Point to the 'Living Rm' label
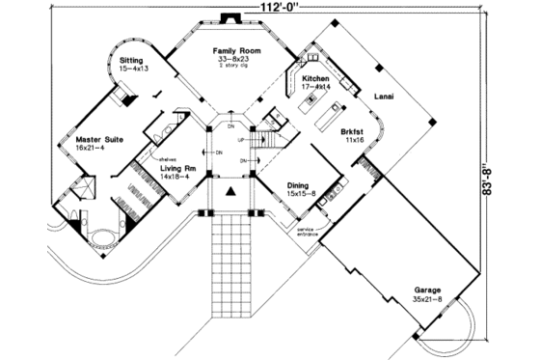tap(177, 168)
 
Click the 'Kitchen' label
tap(316, 78)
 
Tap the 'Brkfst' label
tap(351, 130)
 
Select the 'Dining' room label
tap(297, 184)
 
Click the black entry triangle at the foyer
tap(230, 192)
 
